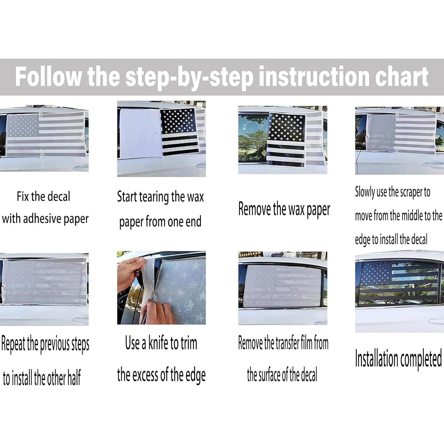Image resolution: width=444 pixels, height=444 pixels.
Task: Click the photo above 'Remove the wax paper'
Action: point(283,140)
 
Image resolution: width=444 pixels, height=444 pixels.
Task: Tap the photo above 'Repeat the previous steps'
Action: point(44,289)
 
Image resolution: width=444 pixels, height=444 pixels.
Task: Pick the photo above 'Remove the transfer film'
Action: point(283,288)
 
